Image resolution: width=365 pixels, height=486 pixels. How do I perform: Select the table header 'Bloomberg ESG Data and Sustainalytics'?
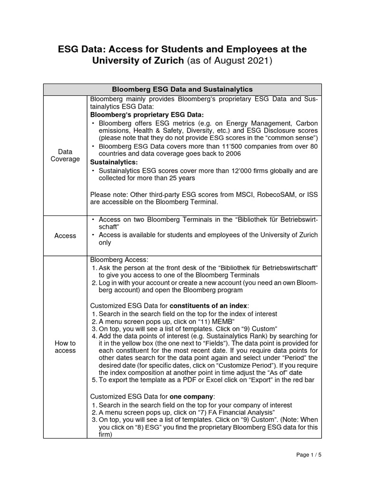pyautogui.click(x=182, y=89)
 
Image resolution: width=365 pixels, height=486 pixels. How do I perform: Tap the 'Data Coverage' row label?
pyautogui.click(x=65, y=155)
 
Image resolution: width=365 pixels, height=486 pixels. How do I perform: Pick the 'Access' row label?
pyautogui.click(x=65, y=236)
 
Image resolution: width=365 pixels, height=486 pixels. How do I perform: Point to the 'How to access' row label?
pyautogui.click(x=65, y=347)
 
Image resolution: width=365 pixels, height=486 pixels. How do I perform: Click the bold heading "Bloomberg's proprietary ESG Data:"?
pyautogui.click(x=147, y=115)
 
